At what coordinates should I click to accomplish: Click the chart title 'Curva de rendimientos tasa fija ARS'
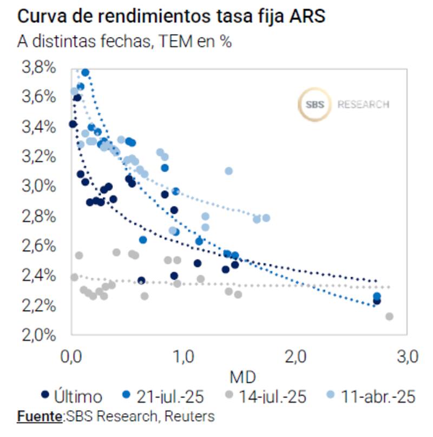coord(171,16)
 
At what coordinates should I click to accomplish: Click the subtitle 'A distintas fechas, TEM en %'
coord(124,41)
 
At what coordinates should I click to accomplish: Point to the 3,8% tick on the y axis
coord(38,68)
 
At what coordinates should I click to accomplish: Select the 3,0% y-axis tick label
coord(38,186)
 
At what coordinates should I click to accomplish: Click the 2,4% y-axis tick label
coord(38,276)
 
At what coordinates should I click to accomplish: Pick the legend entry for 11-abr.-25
coord(377,397)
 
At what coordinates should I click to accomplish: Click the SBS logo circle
coord(314,105)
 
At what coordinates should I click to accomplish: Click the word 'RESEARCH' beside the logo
coord(363,105)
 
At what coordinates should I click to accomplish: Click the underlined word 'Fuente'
coord(40,416)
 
